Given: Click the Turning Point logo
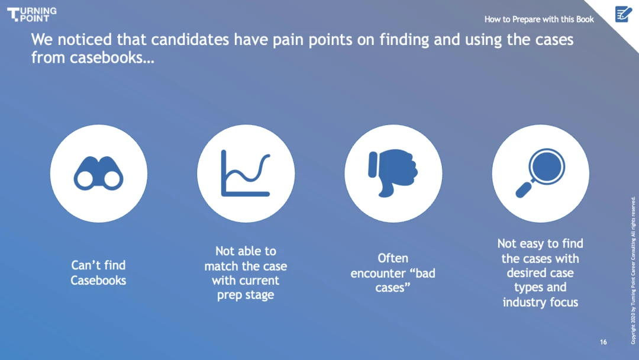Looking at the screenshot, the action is (32, 14).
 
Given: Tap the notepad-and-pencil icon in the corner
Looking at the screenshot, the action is (623, 14).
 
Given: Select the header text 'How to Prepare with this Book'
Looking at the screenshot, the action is (539, 19).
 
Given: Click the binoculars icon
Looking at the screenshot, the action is (99, 173).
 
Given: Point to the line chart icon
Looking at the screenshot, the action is (246, 173).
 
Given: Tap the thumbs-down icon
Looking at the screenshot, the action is (393, 173).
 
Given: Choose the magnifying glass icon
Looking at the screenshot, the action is (540, 173).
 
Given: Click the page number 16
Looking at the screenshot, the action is (603, 342).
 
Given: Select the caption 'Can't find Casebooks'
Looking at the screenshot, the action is (98, 273).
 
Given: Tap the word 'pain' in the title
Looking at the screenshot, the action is (287, 40).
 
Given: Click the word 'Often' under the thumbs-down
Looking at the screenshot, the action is (393, 258).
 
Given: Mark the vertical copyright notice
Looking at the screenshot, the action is (633, 271).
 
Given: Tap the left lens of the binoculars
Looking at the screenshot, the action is (85, 179).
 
